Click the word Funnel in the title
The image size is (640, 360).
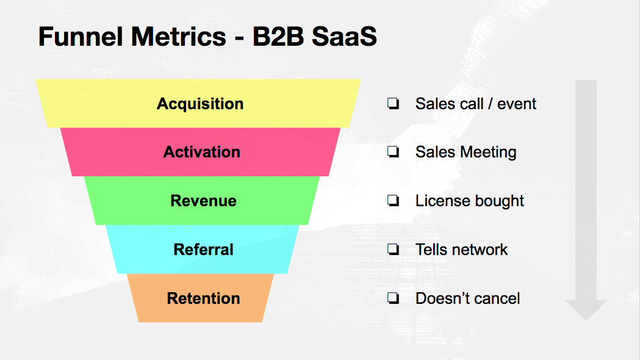[x=81, y=37]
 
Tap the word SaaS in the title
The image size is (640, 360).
[x=344, y=37]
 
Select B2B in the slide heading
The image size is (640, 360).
[x=278, y=37]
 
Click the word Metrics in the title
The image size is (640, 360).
[x=179, y=37]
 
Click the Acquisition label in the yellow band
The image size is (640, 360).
[x=200, y=104]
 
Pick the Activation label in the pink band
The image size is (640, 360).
[x=201, y=153]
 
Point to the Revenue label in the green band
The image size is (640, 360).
[x=203, y=201]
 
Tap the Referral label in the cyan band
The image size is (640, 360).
[x=203, y=250]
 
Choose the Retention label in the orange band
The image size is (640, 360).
[x=203, y=298]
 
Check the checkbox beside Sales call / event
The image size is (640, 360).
[x=393, y=103]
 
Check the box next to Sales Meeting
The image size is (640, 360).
[x=393, y=152]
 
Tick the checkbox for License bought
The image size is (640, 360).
[x=393, y=200]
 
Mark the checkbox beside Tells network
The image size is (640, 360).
[x=393, y=249]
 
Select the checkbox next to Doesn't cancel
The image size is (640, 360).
[x=393, y=298]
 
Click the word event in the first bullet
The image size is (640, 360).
[x=517, y=104]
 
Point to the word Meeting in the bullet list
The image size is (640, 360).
[x=489, y=153]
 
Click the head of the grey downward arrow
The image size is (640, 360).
[x=586, y=310]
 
